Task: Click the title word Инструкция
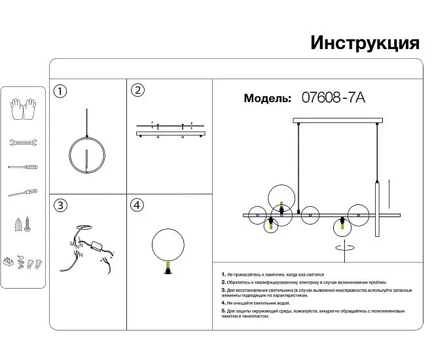tap(364, 43)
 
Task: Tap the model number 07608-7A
tap(333, 98)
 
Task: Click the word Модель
tap(267, 99)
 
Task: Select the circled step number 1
tap(60, 91)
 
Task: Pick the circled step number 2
tap(137, 90)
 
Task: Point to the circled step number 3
tap(60, 206)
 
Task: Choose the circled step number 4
tap(136, 206)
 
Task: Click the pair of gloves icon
tap(24, 109)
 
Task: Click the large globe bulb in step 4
tap(169, 243)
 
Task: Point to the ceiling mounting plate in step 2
tap(170, 133)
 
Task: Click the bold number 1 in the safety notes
tap(223, 274)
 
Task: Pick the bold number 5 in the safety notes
tap(223, 310)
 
